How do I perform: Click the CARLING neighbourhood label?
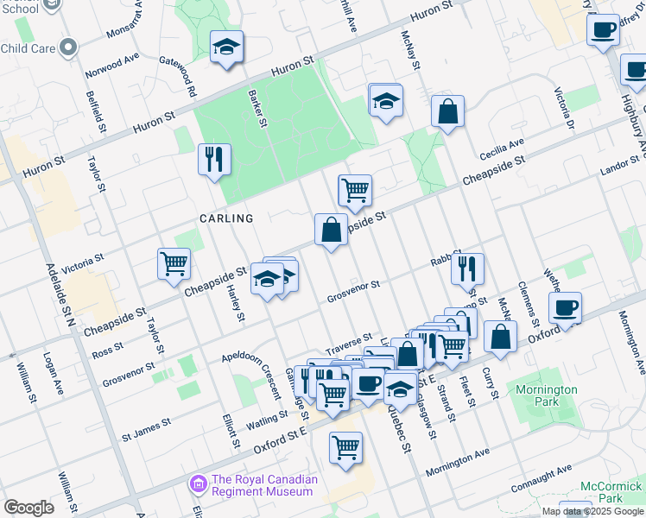coord(226,218)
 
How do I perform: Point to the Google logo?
coord(28,508)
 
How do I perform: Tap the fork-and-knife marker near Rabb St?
coord(467,268)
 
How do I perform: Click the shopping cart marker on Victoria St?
coord(174,263)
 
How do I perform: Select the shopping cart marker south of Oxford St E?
coord(345,447)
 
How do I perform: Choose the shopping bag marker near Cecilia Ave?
coord(447,111)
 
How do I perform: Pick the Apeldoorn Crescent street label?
coord(251,376)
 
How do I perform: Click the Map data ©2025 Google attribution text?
coord(592,511)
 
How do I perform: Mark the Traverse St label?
coord(348,338)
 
